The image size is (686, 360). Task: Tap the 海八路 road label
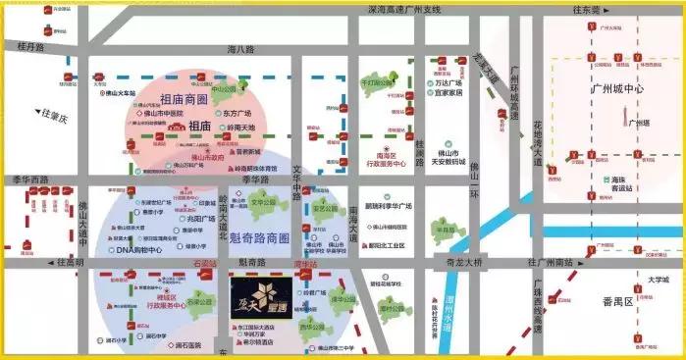click(240, 48)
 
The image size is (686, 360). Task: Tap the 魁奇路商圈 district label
click(258, 238)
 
